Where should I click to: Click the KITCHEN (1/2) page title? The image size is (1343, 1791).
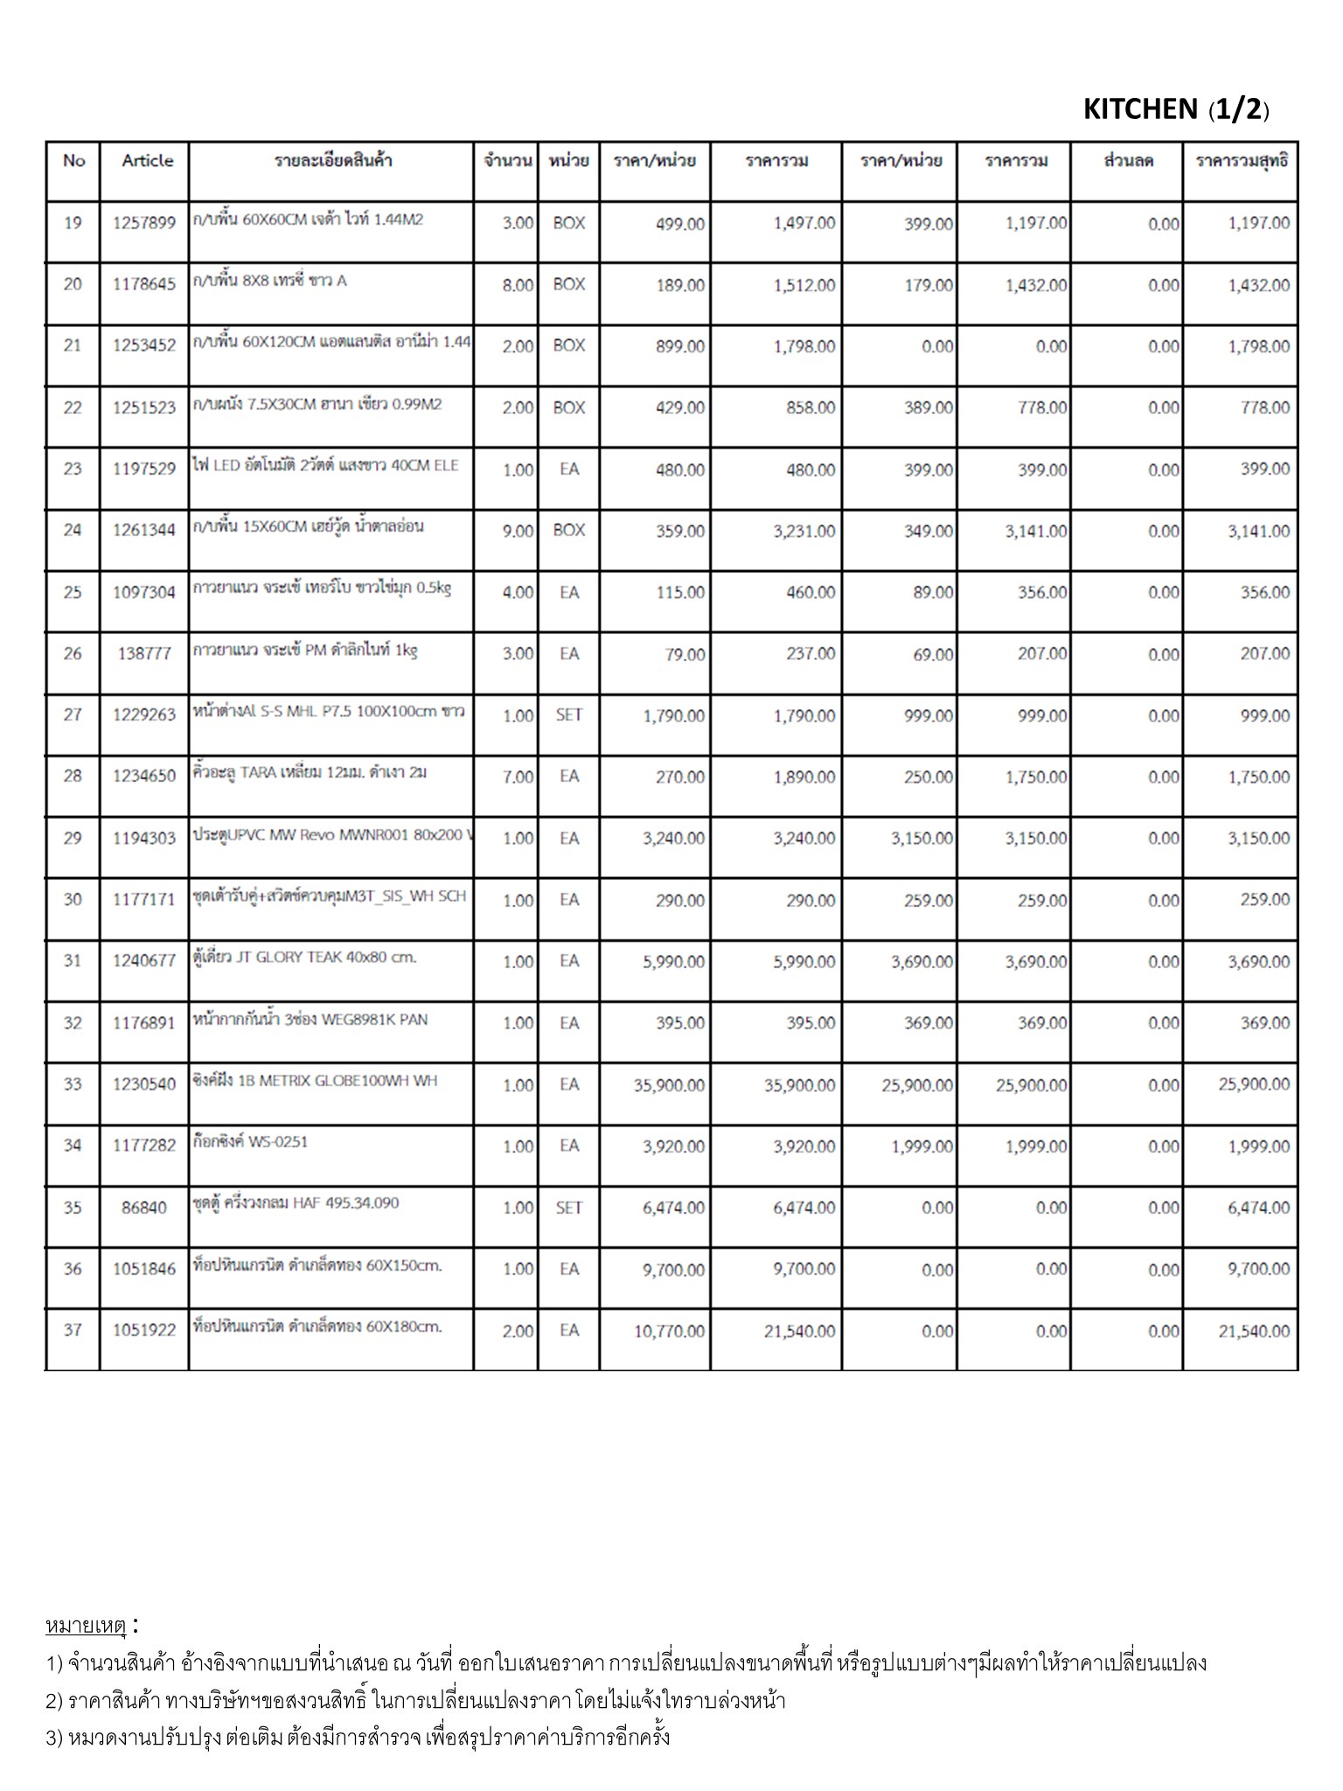click(x=1175, y=109)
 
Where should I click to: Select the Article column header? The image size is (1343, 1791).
click(x=147, y=161)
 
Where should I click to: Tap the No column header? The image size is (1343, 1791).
click(x=73, y=161)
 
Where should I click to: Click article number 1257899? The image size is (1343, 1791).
click(x=144, y=223)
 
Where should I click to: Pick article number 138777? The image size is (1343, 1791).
click(x=144, y=653)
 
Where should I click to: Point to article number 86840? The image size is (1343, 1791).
click(x=144, y=1208)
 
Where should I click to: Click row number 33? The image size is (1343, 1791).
click(x=73, y=1084)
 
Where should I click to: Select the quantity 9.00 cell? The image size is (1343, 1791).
click(x=517, y=531)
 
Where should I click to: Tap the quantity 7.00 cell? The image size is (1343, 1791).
click(x=517, y=777)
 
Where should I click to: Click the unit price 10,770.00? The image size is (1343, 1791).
click(x=669, y=1331)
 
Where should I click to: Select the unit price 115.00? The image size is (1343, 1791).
click(x=680, y=593)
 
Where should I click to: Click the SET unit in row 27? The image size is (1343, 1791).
click(x=568, y=715)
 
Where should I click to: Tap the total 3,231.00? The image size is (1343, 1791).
click(x=804, y=531)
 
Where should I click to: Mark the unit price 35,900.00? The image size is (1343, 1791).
click(x=669, y=1085)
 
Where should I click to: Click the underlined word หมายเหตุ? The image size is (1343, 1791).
click(x=86, y=1627)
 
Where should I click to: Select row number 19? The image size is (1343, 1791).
click(x=73, y=223)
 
